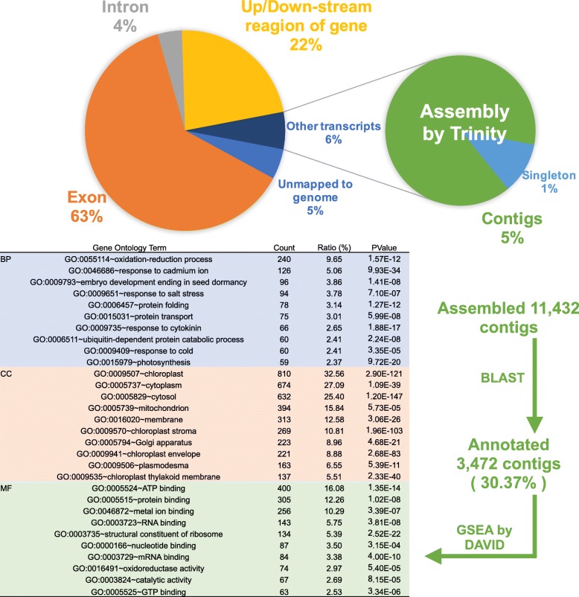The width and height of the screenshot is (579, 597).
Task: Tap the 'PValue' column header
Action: coord(385,246)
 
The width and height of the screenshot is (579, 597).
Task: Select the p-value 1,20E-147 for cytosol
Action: coord(384,398)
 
